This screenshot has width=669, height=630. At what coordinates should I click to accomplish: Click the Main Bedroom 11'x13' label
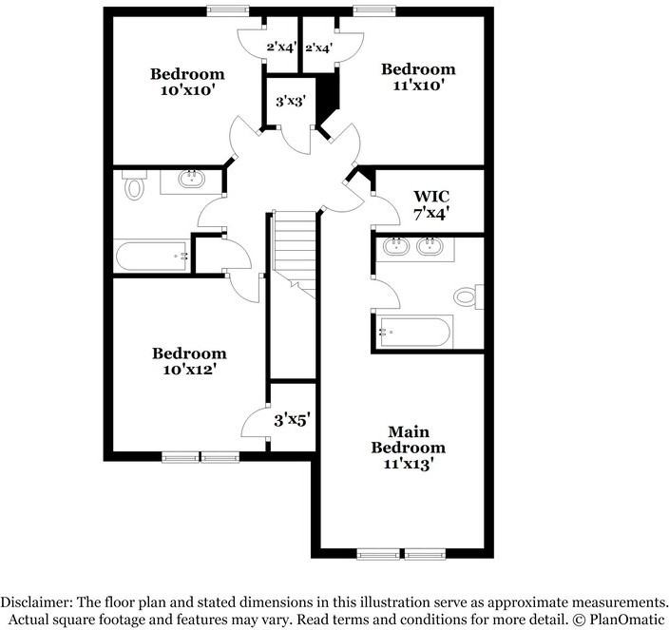click(408, 448)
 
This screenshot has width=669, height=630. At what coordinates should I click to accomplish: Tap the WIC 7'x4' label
click(430, 205)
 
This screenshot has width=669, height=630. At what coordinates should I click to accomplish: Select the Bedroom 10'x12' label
click(190, 361)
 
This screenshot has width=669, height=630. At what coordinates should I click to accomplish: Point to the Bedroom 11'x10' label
click(418, 76)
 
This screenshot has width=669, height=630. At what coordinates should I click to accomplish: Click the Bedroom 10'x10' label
click(188, 82)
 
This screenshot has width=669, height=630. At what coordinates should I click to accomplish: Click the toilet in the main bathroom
click(466, 296)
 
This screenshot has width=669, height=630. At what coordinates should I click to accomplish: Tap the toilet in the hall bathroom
click(133, 187)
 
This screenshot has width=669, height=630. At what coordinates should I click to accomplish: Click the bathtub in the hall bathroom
click(150, 255)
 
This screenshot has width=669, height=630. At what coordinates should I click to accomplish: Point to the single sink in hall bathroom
click(192, 178)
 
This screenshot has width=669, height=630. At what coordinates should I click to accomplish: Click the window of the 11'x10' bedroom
click(368, 11)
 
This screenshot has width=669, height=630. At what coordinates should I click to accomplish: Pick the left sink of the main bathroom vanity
click(394, 248)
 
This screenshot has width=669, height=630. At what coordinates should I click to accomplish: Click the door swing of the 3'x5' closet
click(255, 423)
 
